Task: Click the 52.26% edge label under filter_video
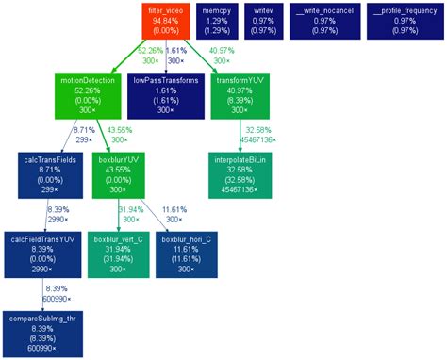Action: point(150,50)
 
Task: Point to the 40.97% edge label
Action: point(223,50)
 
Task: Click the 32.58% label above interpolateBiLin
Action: point(258,129)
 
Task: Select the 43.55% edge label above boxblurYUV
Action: point(120,129)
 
